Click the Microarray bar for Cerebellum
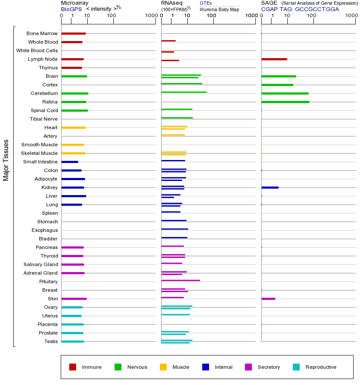[x=75, y=93]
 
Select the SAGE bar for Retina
[x=285, y=102]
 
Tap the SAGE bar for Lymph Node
[x=274, y=59]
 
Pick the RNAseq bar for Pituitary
[x=180, y=280]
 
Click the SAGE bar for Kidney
[x=270, y=187]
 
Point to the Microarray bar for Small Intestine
[x=70, y=162]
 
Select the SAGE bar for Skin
[x=268, y=299]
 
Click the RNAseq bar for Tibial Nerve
[x=177, y=118]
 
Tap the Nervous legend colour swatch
[x=118, y=367]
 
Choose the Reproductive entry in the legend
[x=321, y=367]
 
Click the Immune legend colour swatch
[x=73, y=367]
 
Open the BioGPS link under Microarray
[x=71, y=9]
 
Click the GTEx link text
[x=206, y=3]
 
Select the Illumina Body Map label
[x=219, y=9]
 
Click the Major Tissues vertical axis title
[x=6, y=160]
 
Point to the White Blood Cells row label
[x=37, y=50]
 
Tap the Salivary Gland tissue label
[x=41, y=264]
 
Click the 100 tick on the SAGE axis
[x=312, y=15]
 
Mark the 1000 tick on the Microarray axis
[x=150, y=15]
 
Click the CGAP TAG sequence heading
[x=300, y=9]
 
